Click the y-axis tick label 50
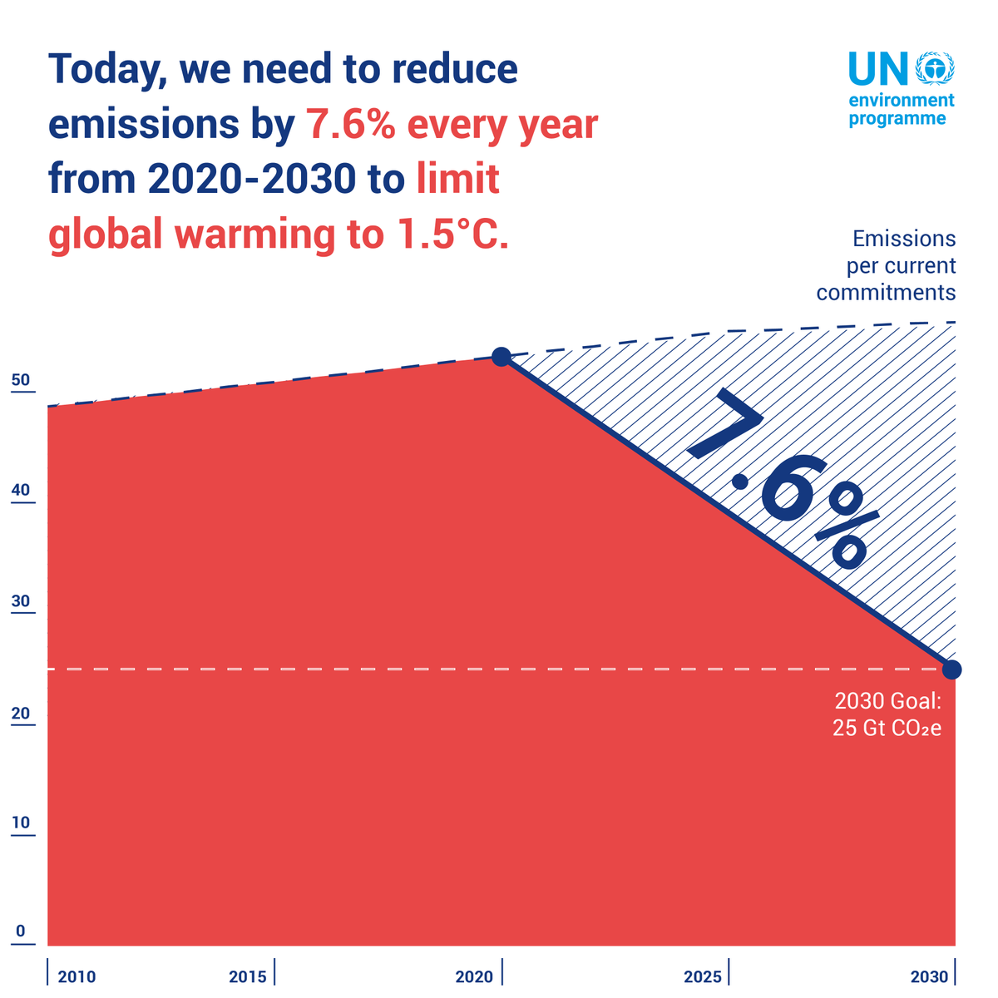point(21,381)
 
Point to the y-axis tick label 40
point(21,490)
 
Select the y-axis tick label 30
point(21,602)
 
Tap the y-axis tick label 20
point(21,714)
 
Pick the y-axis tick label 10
point(21,823)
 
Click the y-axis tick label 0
point(21,931)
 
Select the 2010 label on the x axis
point(77,976)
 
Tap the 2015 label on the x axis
point(248,976)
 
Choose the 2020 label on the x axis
point(474,976)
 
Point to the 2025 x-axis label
point(703,976)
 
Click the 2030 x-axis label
point(929,976)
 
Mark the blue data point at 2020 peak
point(501,357)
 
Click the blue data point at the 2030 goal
point(952,669)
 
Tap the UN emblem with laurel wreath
point(934,68)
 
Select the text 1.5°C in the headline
point(446,235)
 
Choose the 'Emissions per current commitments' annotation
point(887,266)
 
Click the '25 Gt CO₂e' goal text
point(887,729)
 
